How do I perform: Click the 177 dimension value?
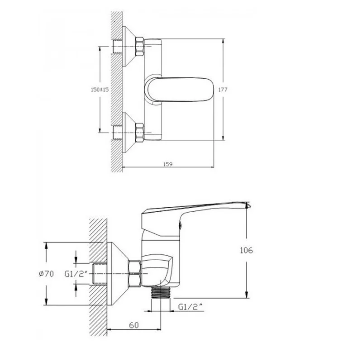(223, 90)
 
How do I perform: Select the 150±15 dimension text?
(100, 90)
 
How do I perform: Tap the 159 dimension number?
(168, 164)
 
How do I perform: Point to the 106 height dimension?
(247, 250)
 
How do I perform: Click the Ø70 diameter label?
(47, 274)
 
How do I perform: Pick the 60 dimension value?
(134, 325)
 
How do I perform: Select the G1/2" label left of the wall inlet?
(76, 274)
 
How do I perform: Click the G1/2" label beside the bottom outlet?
(190, 307)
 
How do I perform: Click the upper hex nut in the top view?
(139, 47)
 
